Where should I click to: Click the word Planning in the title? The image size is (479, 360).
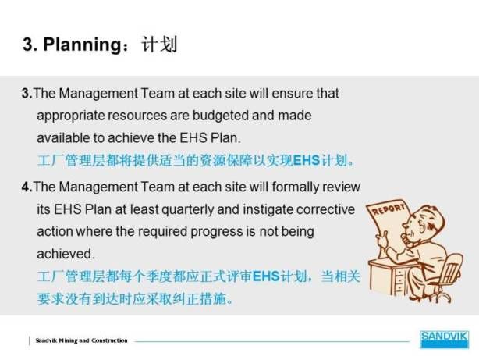[83, 45]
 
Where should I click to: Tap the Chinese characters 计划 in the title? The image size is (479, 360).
[159, 45]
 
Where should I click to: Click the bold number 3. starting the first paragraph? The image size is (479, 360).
[27, 93]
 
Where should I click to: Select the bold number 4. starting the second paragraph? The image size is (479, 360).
[27, 187]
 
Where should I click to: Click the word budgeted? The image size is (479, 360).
[220, 116]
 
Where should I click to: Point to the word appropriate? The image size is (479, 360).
[70, 116]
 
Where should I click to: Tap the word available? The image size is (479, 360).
[63, 138]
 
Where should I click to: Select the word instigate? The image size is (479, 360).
[268, 210]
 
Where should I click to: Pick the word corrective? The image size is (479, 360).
[325, 209]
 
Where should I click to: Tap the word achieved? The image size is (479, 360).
[65, 254]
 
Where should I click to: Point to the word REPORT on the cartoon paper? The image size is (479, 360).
[388, 209]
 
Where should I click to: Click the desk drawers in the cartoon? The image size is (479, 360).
[401, 279]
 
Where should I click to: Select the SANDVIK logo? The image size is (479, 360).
[444, 339]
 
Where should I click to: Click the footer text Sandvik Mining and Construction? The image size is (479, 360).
[82, 340]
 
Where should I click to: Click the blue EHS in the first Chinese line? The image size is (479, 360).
[307, 160]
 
